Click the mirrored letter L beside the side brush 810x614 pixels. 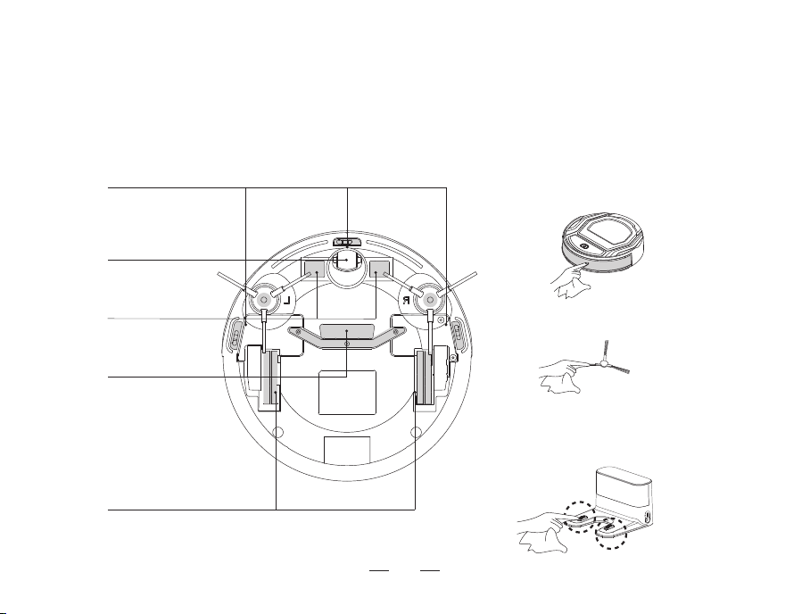coord(286,300)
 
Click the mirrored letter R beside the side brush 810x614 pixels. coord(407,300)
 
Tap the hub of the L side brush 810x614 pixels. coord(264,299)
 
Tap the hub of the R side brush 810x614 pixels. coord(430,299)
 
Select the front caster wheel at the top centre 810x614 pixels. coord(347,260)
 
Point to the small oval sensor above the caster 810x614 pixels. coord(347,241)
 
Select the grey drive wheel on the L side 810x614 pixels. coord(267,377)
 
